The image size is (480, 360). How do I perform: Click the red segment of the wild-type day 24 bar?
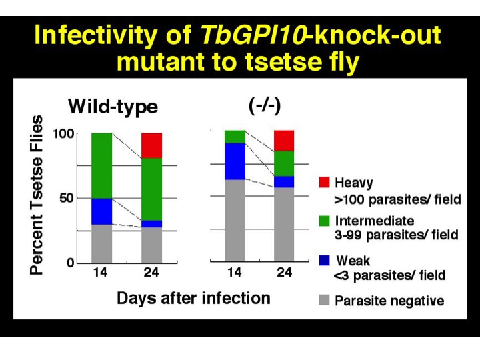point(152,145)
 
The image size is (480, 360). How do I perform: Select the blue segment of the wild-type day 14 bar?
point(102,211)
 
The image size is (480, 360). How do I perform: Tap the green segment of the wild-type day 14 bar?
point(102,165)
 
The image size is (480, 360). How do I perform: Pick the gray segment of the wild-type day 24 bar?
point(152,245)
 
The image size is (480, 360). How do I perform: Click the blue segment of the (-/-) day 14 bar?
point(235,161)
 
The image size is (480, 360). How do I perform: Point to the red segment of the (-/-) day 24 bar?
point(284,141)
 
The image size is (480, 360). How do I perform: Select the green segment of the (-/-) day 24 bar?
point(284,163)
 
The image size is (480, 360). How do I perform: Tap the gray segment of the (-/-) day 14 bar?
point(235,221)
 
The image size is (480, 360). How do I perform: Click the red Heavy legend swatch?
point(324,182)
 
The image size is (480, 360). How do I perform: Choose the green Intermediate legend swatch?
point(324,221)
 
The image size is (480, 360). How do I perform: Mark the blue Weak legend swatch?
point(324,260)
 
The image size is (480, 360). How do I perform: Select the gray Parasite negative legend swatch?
point(324,300)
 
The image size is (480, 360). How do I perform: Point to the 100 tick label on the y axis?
point(64,134)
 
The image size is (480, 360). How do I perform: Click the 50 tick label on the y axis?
point(67,199)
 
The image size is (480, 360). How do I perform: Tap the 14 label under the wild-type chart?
point(100,272)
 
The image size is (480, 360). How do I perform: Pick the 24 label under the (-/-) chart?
point(285,272)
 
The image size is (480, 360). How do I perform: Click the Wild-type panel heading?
point(113,107)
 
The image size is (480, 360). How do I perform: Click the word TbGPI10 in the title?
point(253,35)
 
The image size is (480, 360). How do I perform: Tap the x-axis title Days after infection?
point(193,298)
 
